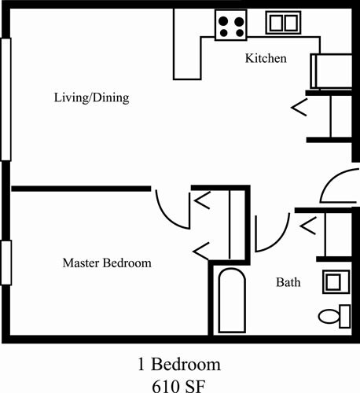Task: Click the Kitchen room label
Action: pyautogui.click(x=266, y=59)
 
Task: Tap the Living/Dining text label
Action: pyautogui.click(x=91, y=99)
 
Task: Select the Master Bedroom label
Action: pyautogui.click(x=106, y=263)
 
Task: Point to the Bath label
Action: pyautogui.click(x=286, y=281)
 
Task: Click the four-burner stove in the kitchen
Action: pyautogui.click(x=231, y=24)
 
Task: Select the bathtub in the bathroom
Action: pyautogui.click(x=231, y=302)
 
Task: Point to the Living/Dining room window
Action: pyautogui.click(x=6, y=98)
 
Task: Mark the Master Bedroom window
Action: pyautogui.click(x=6, y=263)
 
